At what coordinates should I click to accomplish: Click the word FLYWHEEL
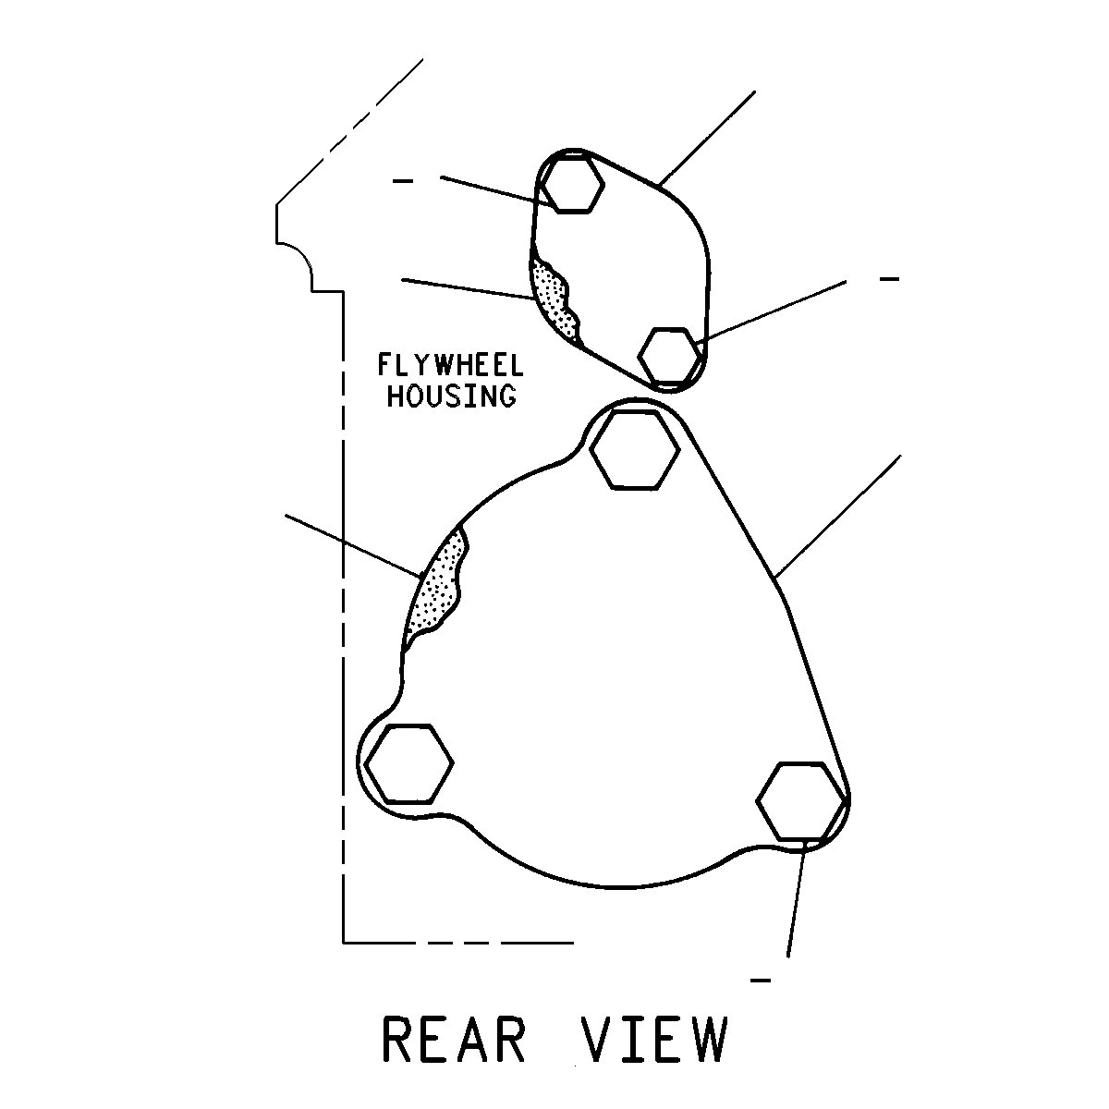coord(451,365)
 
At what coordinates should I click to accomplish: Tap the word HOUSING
coord(452,396)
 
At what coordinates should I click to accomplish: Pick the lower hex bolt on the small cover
coord(670,355)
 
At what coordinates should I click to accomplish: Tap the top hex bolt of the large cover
coord(635,450)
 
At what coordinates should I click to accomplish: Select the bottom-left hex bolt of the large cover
coord(409,763)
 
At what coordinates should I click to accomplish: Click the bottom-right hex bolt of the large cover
coord(801,800)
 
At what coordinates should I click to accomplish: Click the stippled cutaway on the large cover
coord(435,587)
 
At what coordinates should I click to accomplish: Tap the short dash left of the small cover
coord(403,182)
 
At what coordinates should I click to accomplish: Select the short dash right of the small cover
coord(889,279)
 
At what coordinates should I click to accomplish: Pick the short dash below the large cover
coord(761,981)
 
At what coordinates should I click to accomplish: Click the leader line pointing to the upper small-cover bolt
coord(498,191)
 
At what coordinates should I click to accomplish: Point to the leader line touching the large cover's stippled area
coord(354,545)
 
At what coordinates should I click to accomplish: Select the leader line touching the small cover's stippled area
coord(469,289)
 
